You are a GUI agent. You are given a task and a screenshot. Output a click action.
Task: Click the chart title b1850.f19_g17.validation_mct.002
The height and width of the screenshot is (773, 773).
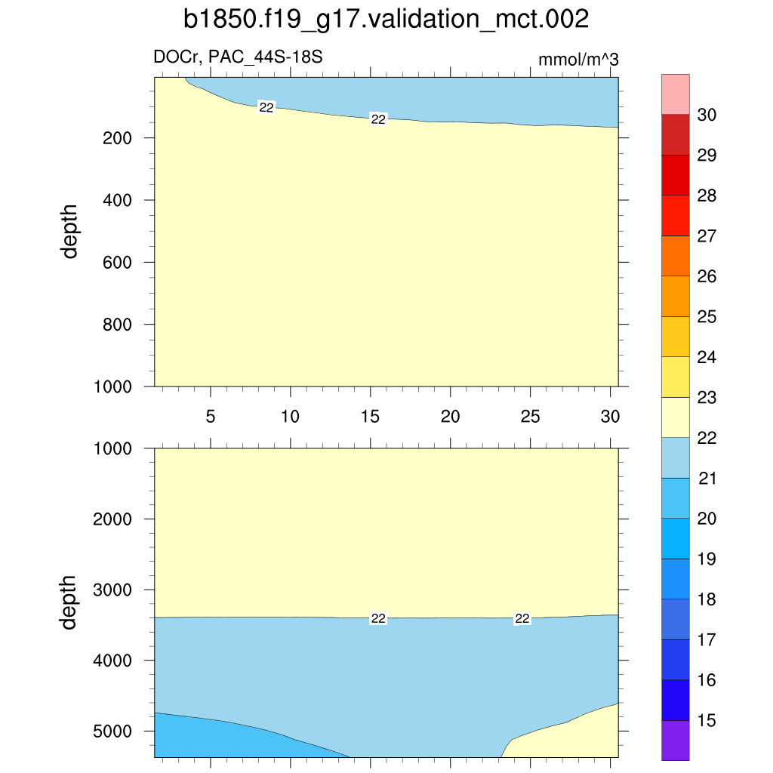386,20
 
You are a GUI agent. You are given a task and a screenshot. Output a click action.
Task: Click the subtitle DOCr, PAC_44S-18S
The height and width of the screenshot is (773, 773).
239,57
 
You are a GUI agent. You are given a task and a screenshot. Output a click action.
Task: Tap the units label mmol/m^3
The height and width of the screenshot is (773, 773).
578,60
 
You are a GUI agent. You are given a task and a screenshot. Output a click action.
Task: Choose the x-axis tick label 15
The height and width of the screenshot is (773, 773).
370,417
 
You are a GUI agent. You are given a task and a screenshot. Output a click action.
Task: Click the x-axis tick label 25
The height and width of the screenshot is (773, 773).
531,417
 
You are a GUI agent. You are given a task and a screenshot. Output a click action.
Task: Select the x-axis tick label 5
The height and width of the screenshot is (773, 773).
211,417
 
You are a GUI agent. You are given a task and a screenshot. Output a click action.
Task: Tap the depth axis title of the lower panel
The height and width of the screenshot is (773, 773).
70,602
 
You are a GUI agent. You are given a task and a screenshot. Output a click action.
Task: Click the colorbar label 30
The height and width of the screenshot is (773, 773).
707,115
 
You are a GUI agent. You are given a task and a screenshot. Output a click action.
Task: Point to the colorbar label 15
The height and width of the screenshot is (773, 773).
707,721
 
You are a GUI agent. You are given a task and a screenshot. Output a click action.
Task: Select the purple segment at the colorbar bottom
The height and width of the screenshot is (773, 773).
676,740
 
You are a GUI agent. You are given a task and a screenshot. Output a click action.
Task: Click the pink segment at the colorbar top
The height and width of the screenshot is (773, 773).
676,94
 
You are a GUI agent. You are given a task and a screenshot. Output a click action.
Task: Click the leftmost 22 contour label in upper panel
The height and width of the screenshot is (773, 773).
266,108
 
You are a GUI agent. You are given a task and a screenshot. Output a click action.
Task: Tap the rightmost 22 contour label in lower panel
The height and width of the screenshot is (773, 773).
522,618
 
